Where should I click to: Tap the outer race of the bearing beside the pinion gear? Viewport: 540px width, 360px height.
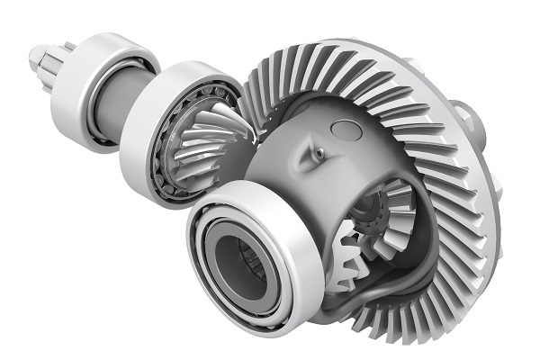[x=148, y=157]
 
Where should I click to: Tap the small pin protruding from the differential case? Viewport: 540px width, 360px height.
[x=318, y=154]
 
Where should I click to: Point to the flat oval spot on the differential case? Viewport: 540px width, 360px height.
[x=346, y=129]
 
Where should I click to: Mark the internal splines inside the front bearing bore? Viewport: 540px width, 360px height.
[x=257, y=265]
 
